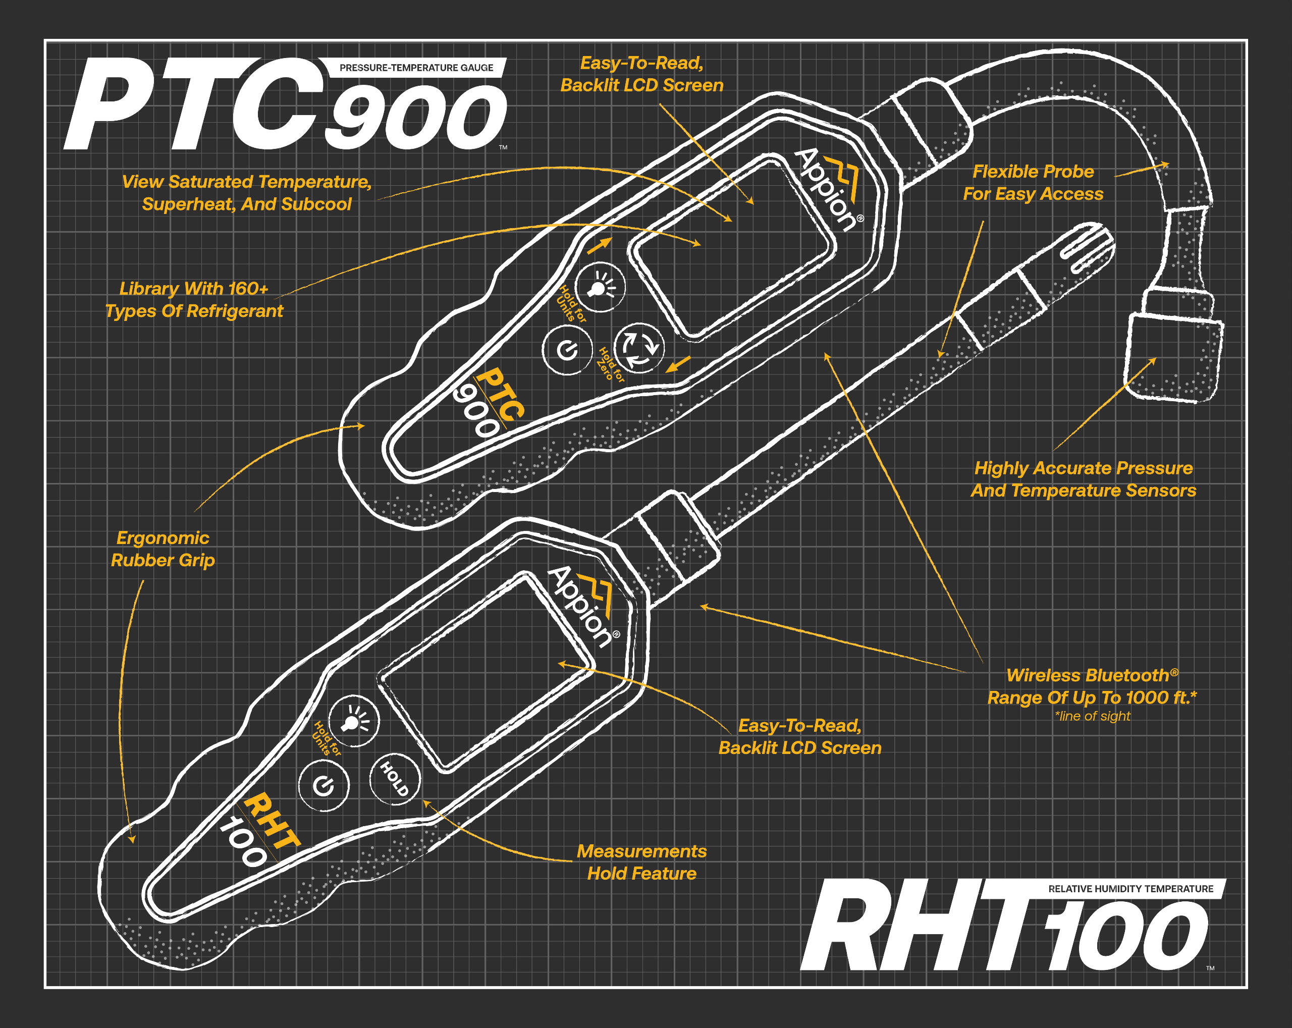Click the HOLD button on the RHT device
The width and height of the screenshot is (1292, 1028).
pyautogui.click(x=394, y=779)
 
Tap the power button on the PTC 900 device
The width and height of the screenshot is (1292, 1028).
pyautogui.click(x=567, y=350)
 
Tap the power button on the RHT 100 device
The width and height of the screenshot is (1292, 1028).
pyautogui.click(x=324, y=785)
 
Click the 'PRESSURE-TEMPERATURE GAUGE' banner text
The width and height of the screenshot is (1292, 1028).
pyautogui.click(x=416, y=68)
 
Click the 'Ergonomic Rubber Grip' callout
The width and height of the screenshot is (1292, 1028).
pyautogui.click(x=163, y=549)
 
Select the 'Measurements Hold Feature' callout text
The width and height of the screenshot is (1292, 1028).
pyautogui.click(x=642, y=862)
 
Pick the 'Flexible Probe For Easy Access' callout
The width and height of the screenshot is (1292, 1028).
pyautogui.click(x=1033, y=183)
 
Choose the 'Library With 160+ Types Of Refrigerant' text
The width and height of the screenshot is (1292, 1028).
pyautogui.click(x=194, y=300)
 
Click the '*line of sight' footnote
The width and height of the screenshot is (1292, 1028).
pyautogui.click(x=1093, y=716)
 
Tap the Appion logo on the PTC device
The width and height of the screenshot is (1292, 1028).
pyautogui.click(x=830, y=189)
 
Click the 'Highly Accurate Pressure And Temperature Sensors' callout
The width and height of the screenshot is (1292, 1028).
pyautogui.click(x=1084, y=479)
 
